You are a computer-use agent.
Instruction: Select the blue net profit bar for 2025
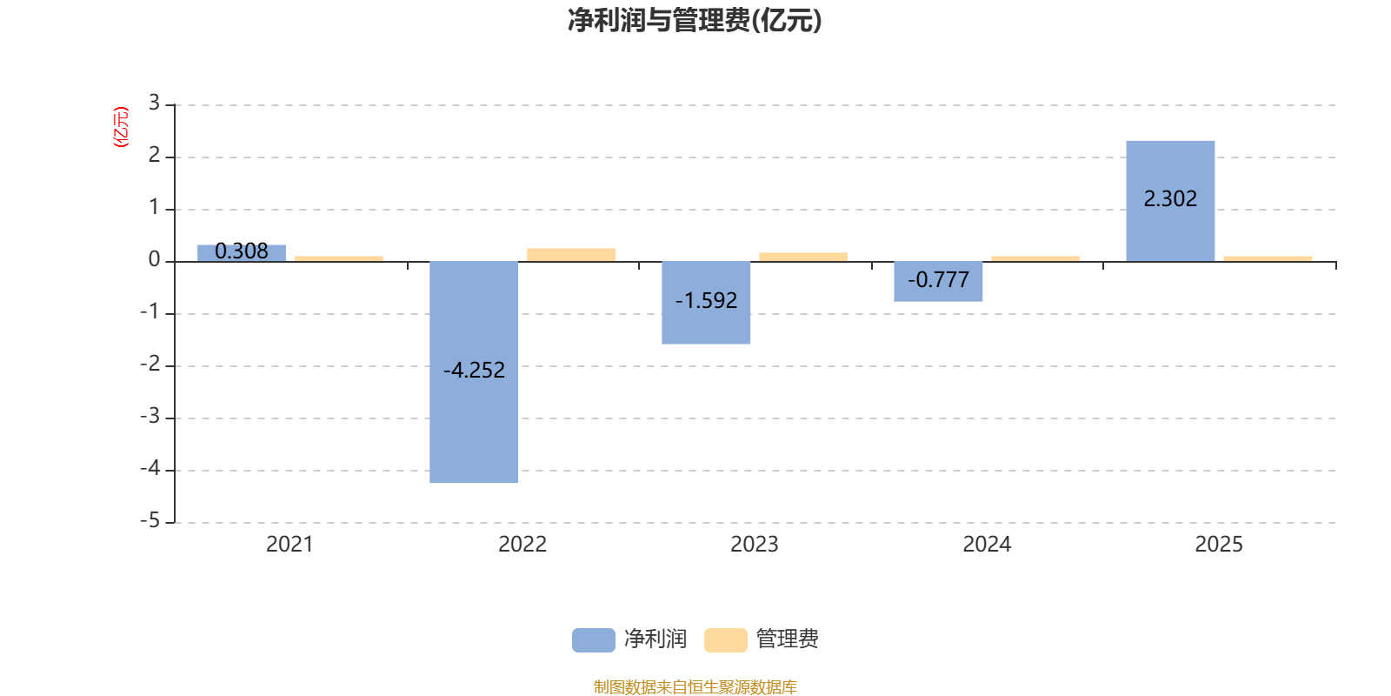point(1170,235)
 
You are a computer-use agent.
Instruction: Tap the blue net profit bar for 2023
point(706,326)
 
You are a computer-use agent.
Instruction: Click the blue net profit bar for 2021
point(242,252)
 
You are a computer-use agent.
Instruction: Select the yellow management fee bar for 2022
point(571,254)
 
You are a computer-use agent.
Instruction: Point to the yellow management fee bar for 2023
point(803,257)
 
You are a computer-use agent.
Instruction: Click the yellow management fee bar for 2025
point(1268,258)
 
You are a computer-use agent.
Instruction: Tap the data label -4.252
point(474,371)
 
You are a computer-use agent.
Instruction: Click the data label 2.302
point(1170,199)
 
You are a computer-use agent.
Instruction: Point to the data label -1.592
point(706,301)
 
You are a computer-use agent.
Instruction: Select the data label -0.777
point(938,280)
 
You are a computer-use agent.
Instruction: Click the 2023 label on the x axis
point(754,545)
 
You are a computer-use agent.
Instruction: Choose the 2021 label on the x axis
point(290,545)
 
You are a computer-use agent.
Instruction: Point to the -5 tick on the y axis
point(151,521)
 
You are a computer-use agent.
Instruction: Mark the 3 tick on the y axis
point(154,104)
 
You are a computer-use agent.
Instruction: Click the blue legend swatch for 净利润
point(593,640)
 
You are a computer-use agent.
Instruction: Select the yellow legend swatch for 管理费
point(725,640)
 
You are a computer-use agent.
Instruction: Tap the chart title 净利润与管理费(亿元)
point(695,20)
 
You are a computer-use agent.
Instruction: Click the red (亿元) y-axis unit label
point(121,127)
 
